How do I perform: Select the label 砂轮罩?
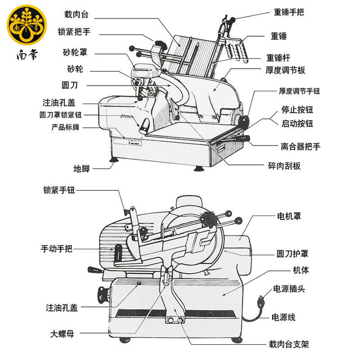75,52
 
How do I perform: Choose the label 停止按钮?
297,109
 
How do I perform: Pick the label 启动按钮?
297,123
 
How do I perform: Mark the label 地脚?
81,169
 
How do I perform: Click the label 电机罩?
289,216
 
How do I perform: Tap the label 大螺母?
62,334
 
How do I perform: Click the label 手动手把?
57,248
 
